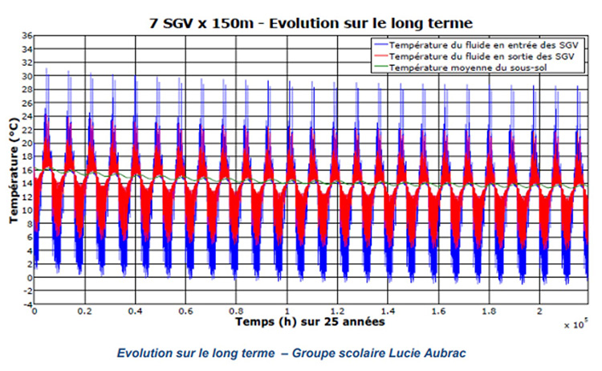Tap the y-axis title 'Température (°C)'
click(x=14, y=171)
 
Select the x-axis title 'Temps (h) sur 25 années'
click(x=310, y=321)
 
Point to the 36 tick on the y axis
click(x=26, y=36)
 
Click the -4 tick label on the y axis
click(x=26, y=304)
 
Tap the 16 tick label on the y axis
click(x=26, y=170)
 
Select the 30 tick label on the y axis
click(x=26, y=76)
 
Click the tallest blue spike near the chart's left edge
click(x=47, y=71)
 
